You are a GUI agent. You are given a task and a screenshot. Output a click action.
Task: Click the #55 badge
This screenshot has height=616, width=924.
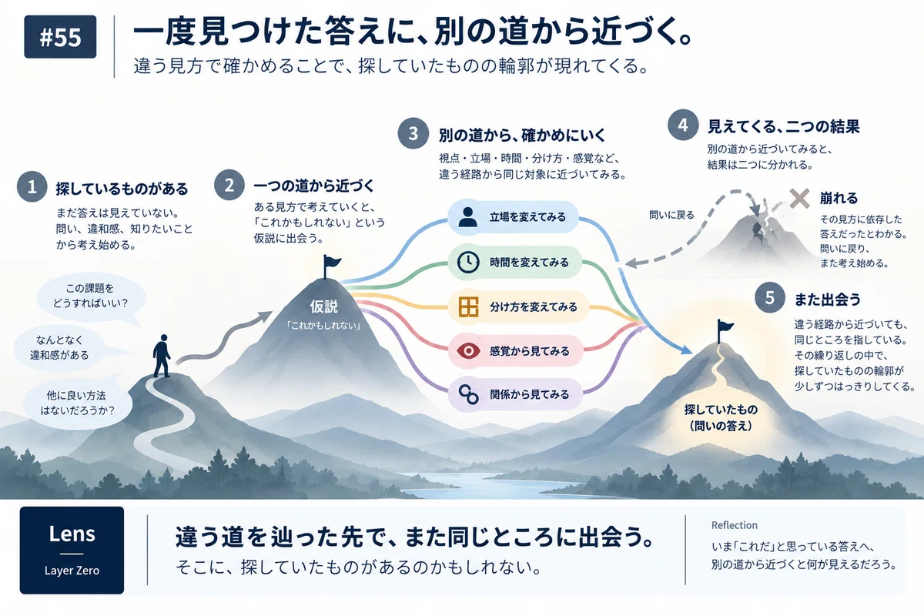tap(60, 37)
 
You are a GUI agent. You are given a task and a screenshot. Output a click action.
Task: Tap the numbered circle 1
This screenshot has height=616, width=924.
tap(32, 187)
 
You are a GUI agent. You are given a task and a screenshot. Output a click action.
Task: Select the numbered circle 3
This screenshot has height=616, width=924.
tap(413, 133)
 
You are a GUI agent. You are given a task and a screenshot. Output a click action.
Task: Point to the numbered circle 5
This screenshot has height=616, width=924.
tap(770, 297)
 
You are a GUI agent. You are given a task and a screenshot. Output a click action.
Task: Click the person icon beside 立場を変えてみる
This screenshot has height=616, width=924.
tap(468, 217)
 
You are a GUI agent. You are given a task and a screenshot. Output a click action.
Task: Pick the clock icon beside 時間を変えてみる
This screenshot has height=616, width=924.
tap(468, 262)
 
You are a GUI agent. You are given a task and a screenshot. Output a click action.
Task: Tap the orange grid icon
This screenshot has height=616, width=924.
tap(468, 307)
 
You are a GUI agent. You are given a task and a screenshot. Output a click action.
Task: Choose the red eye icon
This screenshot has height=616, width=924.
tap(468, 351)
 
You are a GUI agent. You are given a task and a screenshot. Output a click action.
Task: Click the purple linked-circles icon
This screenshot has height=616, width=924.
tap(469, 394)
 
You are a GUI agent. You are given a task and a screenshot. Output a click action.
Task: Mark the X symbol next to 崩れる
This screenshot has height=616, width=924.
tap(799, 199)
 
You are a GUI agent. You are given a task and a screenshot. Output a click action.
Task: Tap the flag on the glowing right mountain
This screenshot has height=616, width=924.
tap(725, 331)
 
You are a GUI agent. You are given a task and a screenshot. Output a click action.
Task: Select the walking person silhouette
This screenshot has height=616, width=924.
tap(162, 356)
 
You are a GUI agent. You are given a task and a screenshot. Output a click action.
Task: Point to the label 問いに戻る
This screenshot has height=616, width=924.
tap(671, 215)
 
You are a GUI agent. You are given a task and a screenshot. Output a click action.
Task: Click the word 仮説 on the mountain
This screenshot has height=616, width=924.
tap(324, 306)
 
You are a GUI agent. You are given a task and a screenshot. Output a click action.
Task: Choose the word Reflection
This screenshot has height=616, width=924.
tap(735, 525)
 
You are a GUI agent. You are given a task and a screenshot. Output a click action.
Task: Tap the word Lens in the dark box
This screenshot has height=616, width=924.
tap(72, 534)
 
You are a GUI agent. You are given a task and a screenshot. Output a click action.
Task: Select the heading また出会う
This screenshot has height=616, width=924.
tap(828, 300)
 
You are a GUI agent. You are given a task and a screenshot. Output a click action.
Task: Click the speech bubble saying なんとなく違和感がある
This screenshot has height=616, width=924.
tap(59, 347)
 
